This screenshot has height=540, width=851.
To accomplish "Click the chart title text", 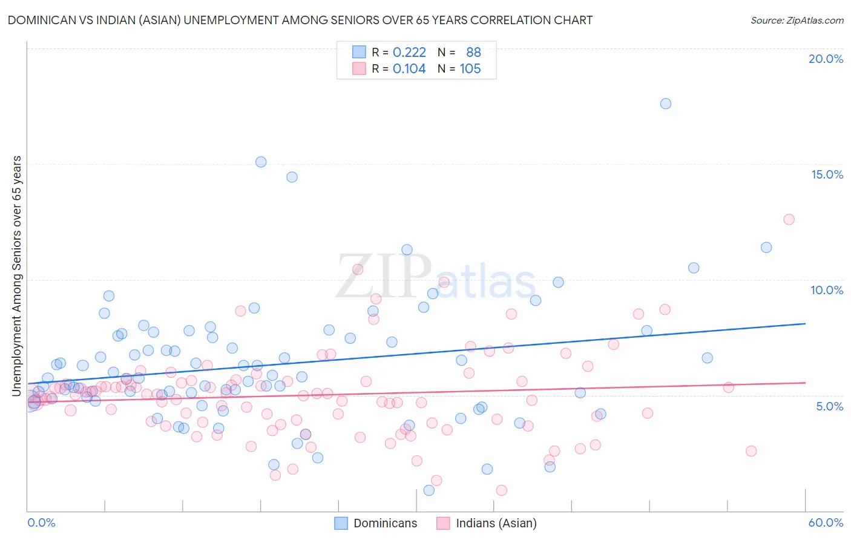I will tap(300, 20).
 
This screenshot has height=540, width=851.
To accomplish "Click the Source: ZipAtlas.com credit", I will tap(797, 21).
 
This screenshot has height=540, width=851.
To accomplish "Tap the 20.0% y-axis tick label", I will tap(826, 59).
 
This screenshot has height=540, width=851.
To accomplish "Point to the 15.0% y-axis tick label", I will tap(827, 174).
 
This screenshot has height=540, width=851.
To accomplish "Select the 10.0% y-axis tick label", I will tap(827, 290).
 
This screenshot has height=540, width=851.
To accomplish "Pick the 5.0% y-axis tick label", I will tap(829, 406).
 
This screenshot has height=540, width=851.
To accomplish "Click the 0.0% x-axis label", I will tap(41, 522).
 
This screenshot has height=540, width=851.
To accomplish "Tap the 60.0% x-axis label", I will tap(826, 522).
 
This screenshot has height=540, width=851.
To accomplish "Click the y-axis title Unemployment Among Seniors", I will tap(17, 276).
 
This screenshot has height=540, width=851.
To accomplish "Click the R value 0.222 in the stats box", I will tap(409, 53).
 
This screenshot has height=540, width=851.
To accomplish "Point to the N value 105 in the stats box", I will tap(470, 69).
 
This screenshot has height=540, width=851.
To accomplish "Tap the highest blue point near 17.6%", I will tap(665, 104).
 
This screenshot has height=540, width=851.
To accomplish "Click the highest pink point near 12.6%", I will tap(789, 220).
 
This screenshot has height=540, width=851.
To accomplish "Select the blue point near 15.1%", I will tap(261, 162).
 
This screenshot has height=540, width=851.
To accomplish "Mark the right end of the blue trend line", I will tap(805, 324).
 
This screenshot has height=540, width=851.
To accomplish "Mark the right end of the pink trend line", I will tap(805, 383).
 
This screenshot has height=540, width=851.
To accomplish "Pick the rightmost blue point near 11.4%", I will tap(766, 247).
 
